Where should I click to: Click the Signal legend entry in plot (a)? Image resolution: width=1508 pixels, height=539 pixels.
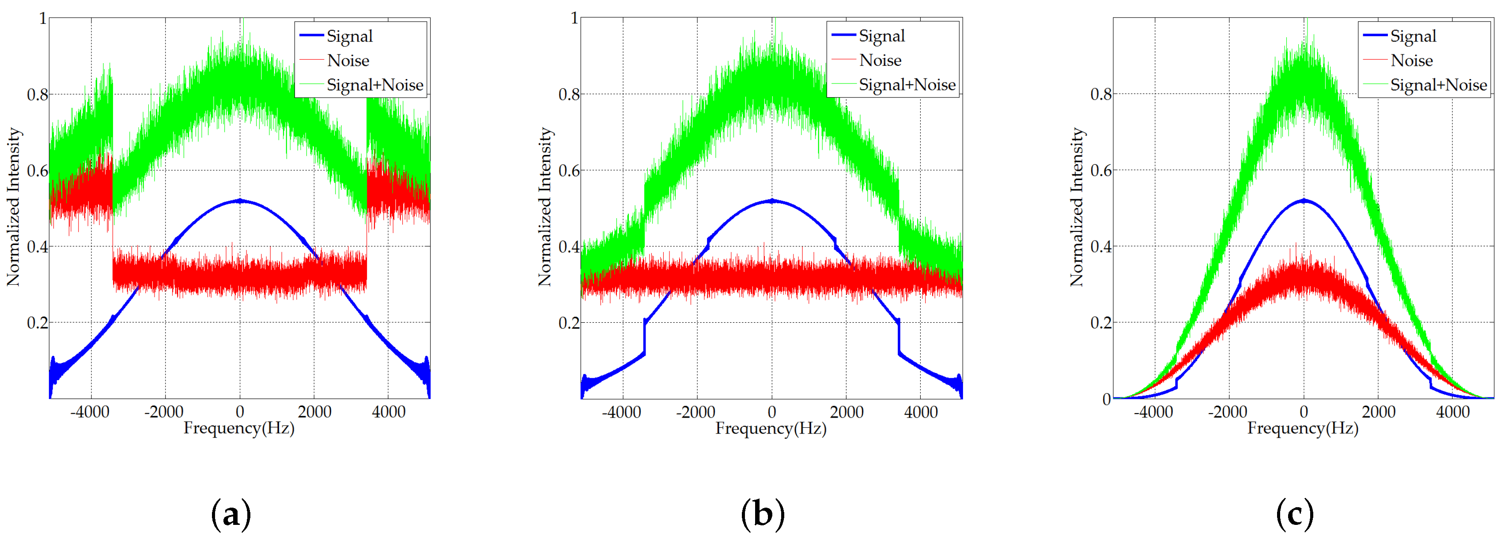[x=349, y=36]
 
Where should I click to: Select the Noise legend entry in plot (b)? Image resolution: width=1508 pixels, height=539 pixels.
[x=880, y=60]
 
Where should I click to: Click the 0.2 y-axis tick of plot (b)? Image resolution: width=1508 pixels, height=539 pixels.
[x=569, y=322]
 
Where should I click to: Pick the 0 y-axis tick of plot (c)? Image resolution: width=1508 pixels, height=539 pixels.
[x=1106, y=399]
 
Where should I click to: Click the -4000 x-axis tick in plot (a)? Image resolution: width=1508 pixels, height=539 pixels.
[x=90, y=412]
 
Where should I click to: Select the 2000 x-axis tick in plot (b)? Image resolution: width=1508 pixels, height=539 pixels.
[x=846, y=412]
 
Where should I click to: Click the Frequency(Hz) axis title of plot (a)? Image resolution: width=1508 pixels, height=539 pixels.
[x=239, y=428]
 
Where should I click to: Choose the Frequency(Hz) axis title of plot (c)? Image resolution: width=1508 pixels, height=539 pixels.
[x=1303, y=428]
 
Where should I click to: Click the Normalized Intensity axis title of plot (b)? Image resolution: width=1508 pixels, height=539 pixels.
[x=544, y=207]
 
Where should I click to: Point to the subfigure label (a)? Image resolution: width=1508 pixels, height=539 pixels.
[x=231, y=514]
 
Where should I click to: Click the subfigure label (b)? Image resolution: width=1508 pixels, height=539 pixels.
[x=762, y=514]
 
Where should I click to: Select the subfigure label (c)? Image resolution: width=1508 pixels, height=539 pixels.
[x=1294, y=514]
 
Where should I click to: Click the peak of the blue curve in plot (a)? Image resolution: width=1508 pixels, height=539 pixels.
[x=239, y=201]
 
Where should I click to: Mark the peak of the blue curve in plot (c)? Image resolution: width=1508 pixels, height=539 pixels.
[x=1304, y=201]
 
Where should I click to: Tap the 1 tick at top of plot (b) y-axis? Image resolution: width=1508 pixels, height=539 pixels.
[x=574, y=18]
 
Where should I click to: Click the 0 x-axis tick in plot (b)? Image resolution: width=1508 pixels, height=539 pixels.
[x=771, y=412]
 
